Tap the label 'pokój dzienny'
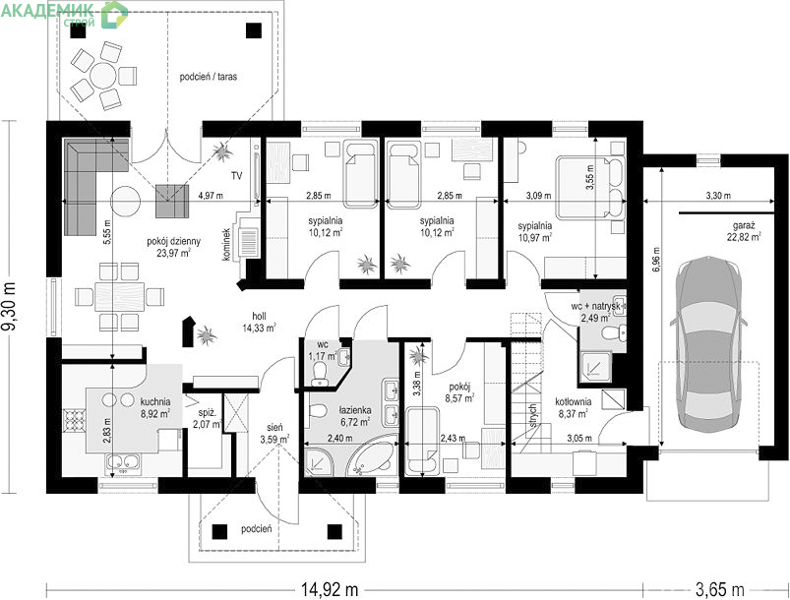[x=173, y=241]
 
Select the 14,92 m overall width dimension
[x=330, y=588]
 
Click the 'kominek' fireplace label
[x=226, y=245]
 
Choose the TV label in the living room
[x=236, y=176]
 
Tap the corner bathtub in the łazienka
[x=373, y=457]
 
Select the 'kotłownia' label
[x=574, y=402]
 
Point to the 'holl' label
[x=259, y=316]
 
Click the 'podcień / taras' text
[x=209, y=77]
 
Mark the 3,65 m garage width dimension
[x=719, y=588]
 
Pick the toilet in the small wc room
[x=319, y=374]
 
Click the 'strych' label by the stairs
[x=533, y=416]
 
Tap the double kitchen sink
[x=123, y=462]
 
